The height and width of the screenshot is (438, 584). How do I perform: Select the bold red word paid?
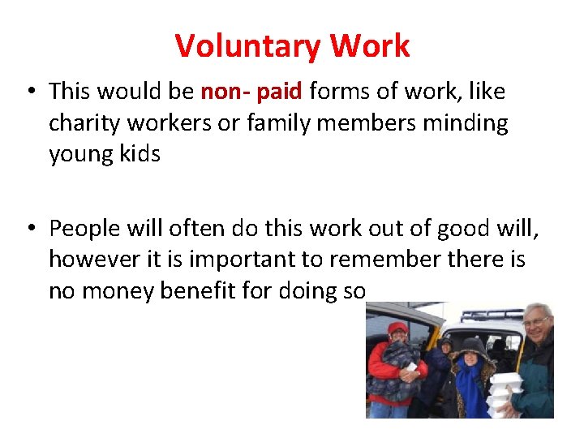click(279, 92)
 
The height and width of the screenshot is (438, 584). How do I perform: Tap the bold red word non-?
click(225, 92)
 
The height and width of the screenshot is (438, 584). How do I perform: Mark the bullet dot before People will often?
click(30, 230)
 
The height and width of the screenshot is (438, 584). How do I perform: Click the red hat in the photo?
click(397, 328)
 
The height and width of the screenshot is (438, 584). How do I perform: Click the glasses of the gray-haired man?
click(535, 322)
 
